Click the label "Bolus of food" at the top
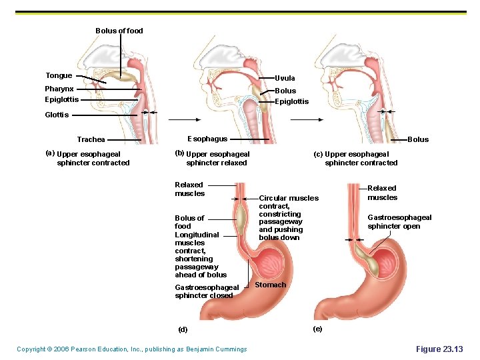(119, 31)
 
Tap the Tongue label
(59, 76)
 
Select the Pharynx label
(59, 89)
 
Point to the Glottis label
(57, 115)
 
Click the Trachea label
(91, 140)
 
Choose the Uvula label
(285, 78)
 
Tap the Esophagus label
(207, 139)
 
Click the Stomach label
(271, 285)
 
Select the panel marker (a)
(49, 153)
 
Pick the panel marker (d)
(183, 329)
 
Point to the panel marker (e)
(317, 329)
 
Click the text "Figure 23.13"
(439, 349)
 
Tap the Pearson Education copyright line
(131, 349)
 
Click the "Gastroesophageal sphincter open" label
(399, 222)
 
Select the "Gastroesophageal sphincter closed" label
(206, 291)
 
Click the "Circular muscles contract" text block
(288, 217)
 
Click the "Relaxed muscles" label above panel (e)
(382, 193)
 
